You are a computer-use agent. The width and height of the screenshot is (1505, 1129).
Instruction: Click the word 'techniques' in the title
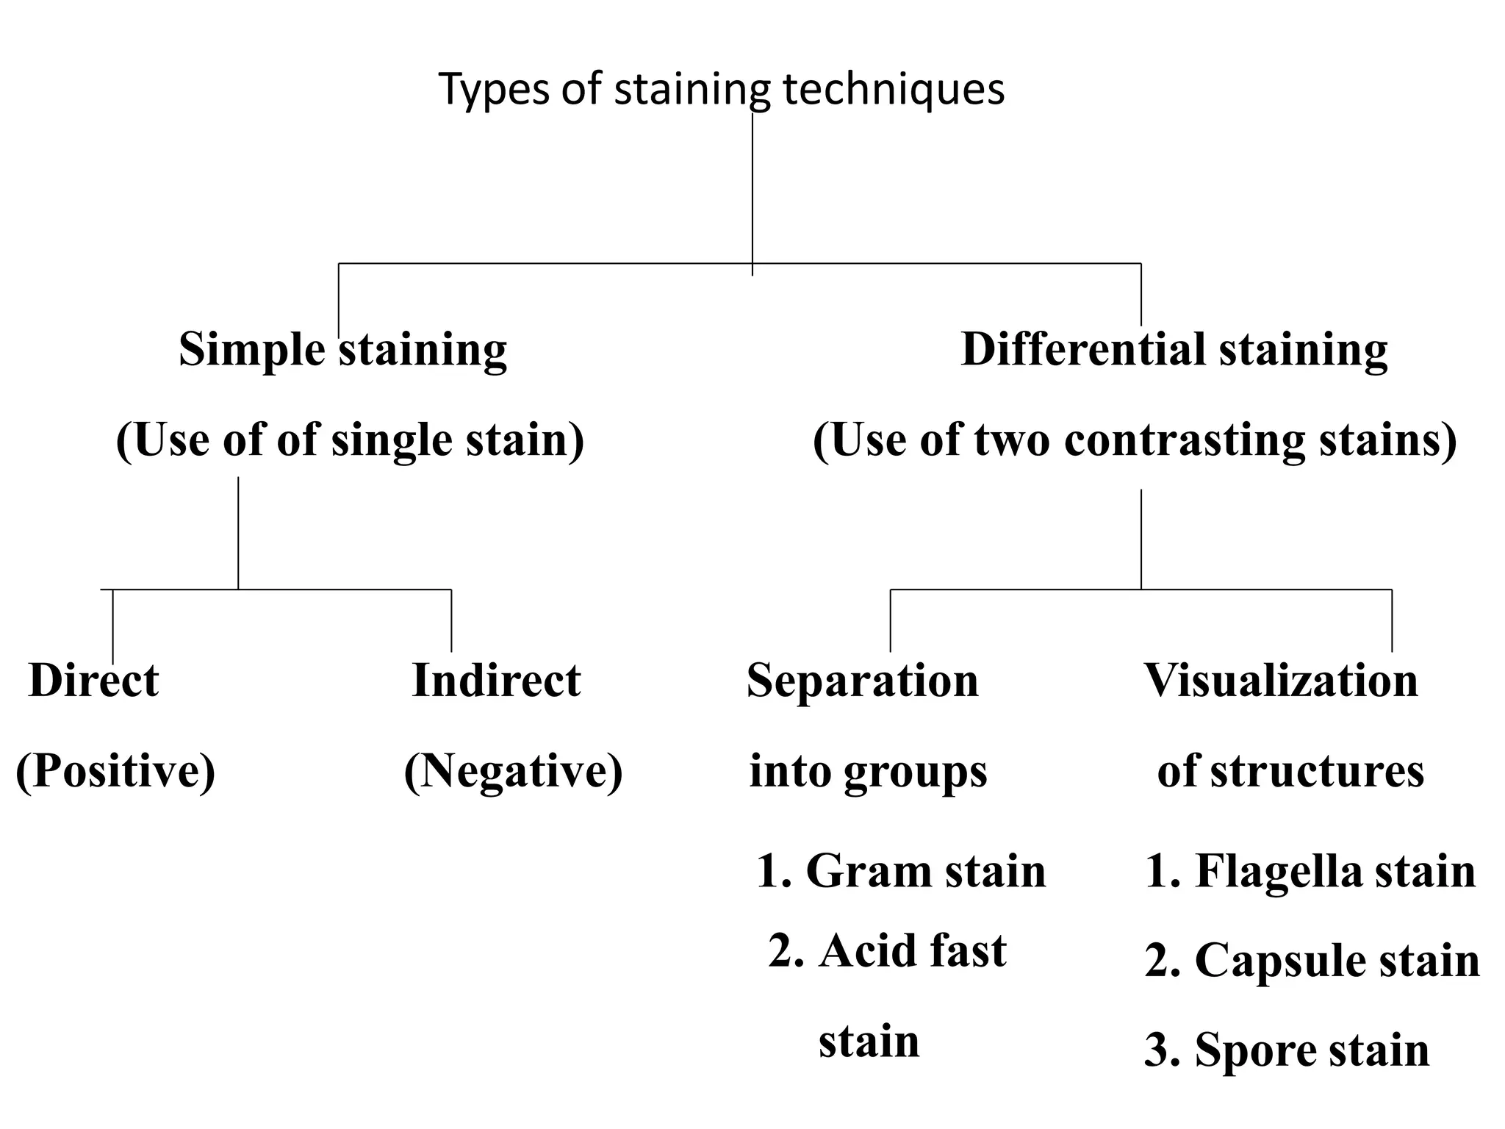point(893,89)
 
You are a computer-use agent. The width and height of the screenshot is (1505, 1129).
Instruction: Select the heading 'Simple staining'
point(342,349)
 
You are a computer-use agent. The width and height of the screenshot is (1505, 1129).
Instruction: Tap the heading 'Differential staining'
point(1174,349)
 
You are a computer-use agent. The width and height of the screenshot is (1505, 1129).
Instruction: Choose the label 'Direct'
point(93,680)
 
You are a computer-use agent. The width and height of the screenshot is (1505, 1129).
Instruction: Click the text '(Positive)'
point(115,771)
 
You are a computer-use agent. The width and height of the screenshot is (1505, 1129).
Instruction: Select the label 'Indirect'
point(496,680)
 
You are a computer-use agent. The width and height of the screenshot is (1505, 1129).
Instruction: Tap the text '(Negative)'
point(513,771)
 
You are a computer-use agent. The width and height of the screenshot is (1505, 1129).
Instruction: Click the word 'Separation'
point(862,680)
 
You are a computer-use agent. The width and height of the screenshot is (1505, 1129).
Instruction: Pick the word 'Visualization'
point(1281,680)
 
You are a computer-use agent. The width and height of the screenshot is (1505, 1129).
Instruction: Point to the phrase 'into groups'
point(868,771)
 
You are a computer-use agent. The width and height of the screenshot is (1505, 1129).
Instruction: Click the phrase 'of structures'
point(1290,771)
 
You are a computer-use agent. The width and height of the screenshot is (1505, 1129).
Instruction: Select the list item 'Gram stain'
point(924,871)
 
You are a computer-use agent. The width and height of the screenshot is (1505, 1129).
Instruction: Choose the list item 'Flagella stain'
point(1334,871)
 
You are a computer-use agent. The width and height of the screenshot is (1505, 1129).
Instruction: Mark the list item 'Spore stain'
point(1312,1050)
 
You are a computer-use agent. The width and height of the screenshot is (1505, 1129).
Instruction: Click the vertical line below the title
point(752,191)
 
